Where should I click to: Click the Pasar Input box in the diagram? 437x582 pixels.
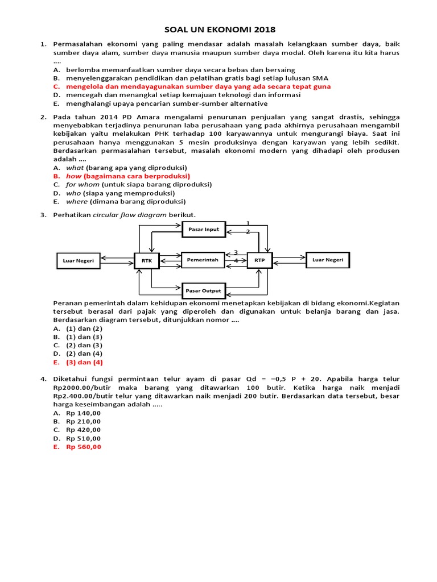click(203, 229)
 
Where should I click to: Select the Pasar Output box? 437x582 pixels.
click(203, 290)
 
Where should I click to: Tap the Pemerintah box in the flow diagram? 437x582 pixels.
click(203, 260)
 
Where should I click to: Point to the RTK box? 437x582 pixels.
click(147, 260)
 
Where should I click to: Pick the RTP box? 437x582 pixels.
click(260, 260)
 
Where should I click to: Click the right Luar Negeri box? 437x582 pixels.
click(328, 260)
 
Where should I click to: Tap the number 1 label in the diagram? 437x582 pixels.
click(248, 223)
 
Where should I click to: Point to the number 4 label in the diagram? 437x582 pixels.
click(236, 261)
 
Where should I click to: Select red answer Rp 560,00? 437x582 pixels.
click(83, 447)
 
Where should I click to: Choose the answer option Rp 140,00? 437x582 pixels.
click(83, 413)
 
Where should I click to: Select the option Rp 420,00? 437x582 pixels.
click(83, 430)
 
